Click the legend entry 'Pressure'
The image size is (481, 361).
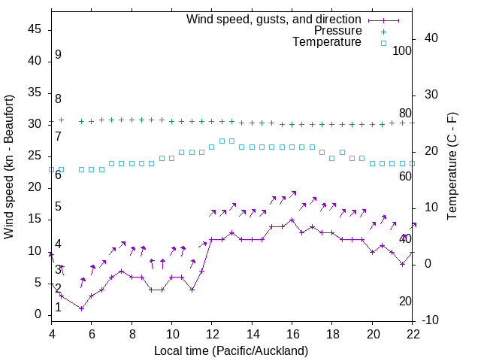click(x=337, y=31)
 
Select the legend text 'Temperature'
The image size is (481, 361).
click(x=327, y=42)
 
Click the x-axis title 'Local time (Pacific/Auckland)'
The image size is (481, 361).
click(x=231, y=351)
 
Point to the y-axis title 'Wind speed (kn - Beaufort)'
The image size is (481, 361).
click(x=9, y=167)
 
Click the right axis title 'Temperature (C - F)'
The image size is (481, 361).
click(x=452, y=167)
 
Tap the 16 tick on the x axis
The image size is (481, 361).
click(x=292, y=333)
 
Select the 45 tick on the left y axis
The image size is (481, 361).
click(x=35, y=29)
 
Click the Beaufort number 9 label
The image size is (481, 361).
click(x=58, y=55)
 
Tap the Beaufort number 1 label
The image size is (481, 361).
click(x=58, y=308)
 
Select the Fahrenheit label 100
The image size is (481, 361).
click(x=402, y=51)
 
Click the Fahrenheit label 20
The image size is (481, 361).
click(x=405, y=302)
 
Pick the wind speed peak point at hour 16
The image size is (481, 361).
click(x=292, y=220)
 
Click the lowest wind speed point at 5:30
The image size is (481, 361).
click(x=81, y=308)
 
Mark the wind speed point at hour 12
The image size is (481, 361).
click(x=212, y=239)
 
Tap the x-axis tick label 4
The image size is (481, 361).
click(x=51, y=333)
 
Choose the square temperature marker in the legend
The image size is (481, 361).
click(x=383, y=43)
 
